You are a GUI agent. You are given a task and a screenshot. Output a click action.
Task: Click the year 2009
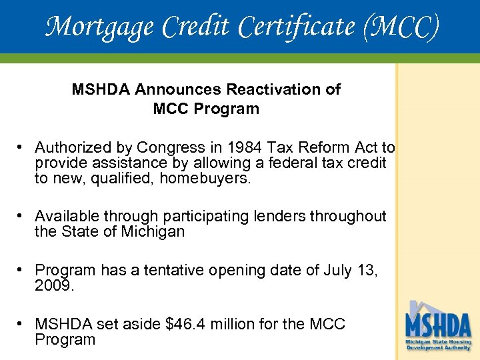[x=55, y=285]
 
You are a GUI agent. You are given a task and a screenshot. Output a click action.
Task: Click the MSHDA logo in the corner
[x=438, y=327]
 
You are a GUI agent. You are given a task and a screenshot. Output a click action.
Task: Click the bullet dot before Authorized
[x=22, y=147]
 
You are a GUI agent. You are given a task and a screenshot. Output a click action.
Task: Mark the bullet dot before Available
[x=22, y=216]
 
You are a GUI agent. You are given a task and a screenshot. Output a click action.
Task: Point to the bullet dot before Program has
[x=22, y=270]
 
